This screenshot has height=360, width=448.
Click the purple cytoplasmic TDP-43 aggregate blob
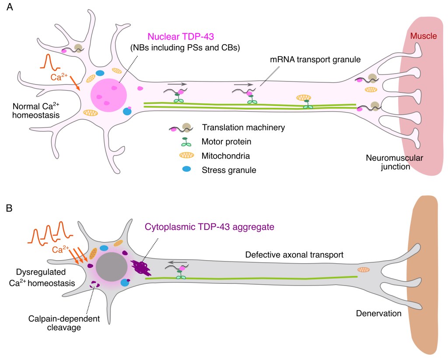140,267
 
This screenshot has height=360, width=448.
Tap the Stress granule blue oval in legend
186,169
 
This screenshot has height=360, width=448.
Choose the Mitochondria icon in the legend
186,155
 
